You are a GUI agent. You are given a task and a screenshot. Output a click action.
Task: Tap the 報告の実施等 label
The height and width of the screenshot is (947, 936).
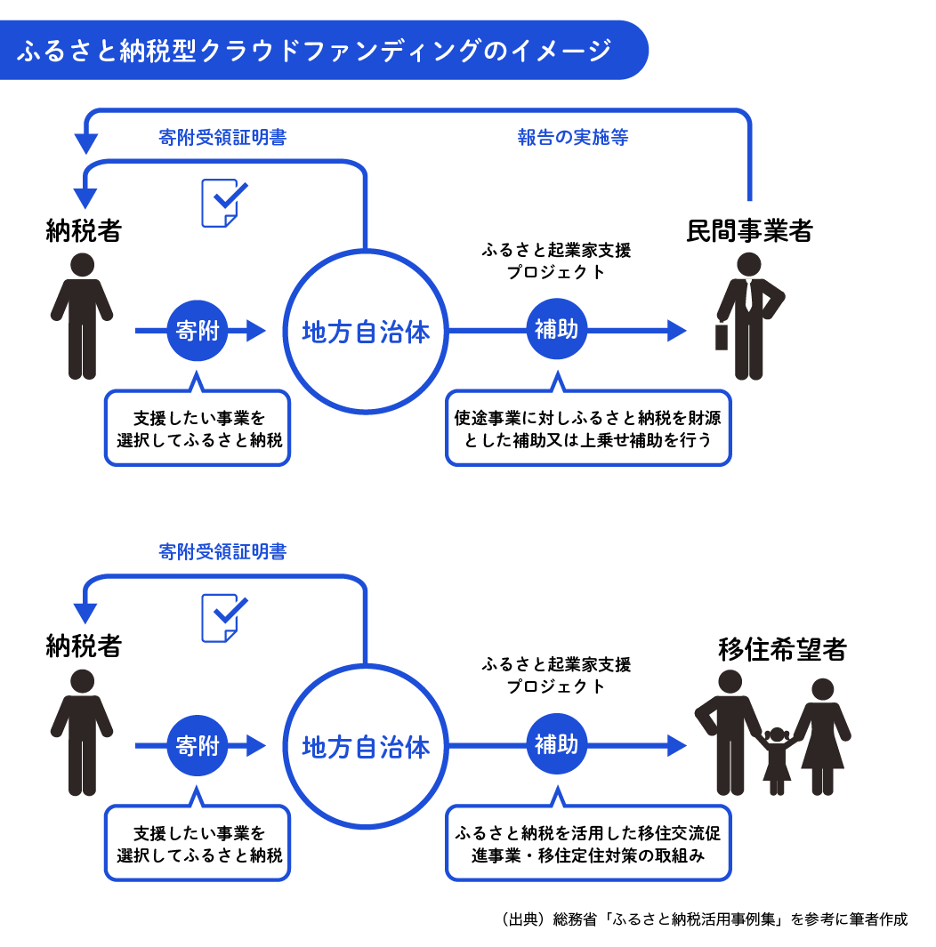click(x=573, y=137)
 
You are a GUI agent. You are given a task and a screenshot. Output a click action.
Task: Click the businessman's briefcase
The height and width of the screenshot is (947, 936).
click(x=722, y=336)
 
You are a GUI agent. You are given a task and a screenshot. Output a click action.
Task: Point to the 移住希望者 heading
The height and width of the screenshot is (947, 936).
click(x=782, y=649)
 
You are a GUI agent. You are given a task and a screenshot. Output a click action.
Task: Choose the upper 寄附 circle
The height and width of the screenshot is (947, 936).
click(x=197, y=331)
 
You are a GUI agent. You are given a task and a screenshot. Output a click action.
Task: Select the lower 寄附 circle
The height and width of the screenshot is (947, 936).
click(x=197, y=745)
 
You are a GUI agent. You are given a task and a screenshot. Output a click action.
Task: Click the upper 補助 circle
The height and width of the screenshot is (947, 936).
click(x=556, y=331)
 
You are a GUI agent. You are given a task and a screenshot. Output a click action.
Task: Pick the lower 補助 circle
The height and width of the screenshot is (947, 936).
click(x=556, y=745)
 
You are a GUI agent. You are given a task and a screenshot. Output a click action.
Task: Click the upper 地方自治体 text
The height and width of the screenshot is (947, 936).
click(x=366, y=333)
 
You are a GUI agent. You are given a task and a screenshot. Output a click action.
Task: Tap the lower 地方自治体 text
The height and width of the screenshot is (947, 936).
click(x=366, y=747)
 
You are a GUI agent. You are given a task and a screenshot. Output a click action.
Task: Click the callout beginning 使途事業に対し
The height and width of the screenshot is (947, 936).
click(x=588, y=428)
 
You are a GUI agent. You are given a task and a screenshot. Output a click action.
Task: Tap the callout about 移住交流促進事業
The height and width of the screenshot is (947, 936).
click(x=588, y=843)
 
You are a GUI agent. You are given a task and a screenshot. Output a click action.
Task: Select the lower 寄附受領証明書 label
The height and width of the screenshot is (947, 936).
click(x=222, y=552)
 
